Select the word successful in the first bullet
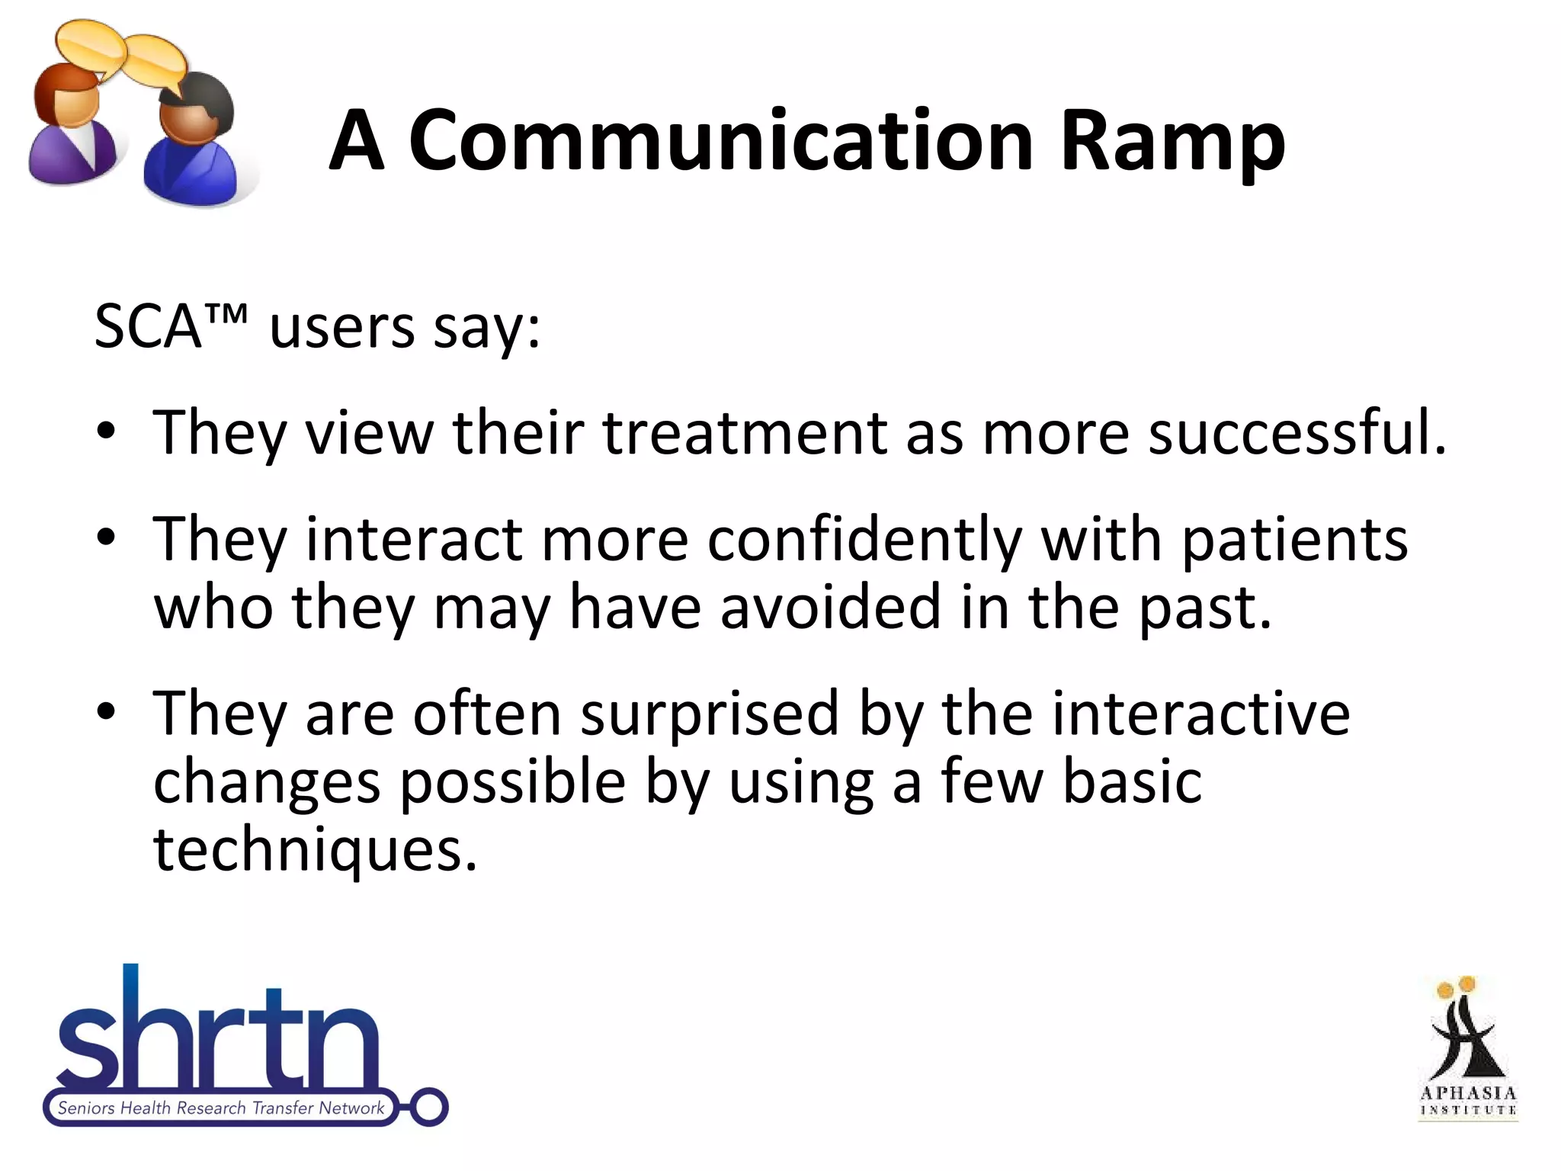click(1296, 432)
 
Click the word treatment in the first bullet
click(745, 432)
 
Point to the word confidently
click(864, 539)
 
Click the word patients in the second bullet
click(1294, 541)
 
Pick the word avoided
click(830, 607)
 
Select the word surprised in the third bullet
click(709, 713)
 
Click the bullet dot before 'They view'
click(106, 432)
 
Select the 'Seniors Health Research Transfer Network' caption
click(221, 1108)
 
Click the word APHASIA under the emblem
click(1468, 1093)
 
